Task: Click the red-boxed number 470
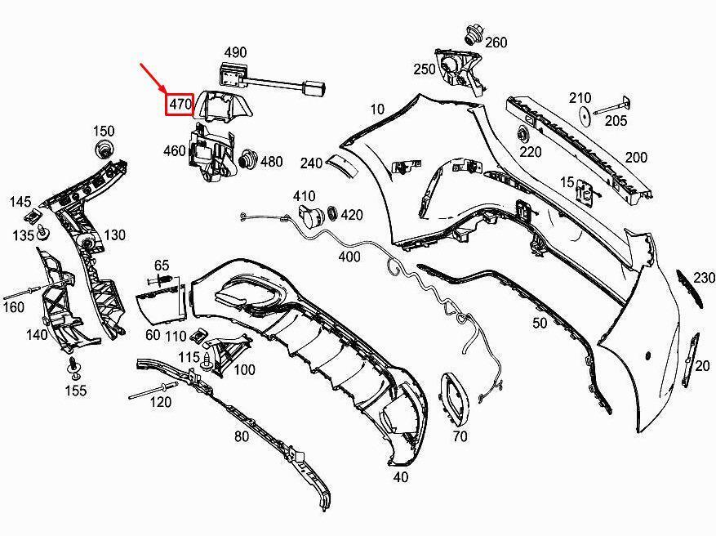point(180,105)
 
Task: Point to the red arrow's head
point(165,92)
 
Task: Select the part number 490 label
point(235,52)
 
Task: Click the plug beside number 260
point(473,34)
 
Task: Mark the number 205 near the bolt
point(616,121)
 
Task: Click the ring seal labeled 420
point(333,214)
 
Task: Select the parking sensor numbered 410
point(309,217)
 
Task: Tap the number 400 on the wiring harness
point(349,257)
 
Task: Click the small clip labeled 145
point(34,216)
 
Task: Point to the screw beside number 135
point(44,232)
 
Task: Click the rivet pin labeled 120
point(153,391)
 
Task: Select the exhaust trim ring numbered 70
point(455,399)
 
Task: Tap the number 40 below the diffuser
point(401,477)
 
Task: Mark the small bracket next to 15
point(586,191)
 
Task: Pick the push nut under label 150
point(105,149)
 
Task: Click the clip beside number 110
point(198,335)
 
